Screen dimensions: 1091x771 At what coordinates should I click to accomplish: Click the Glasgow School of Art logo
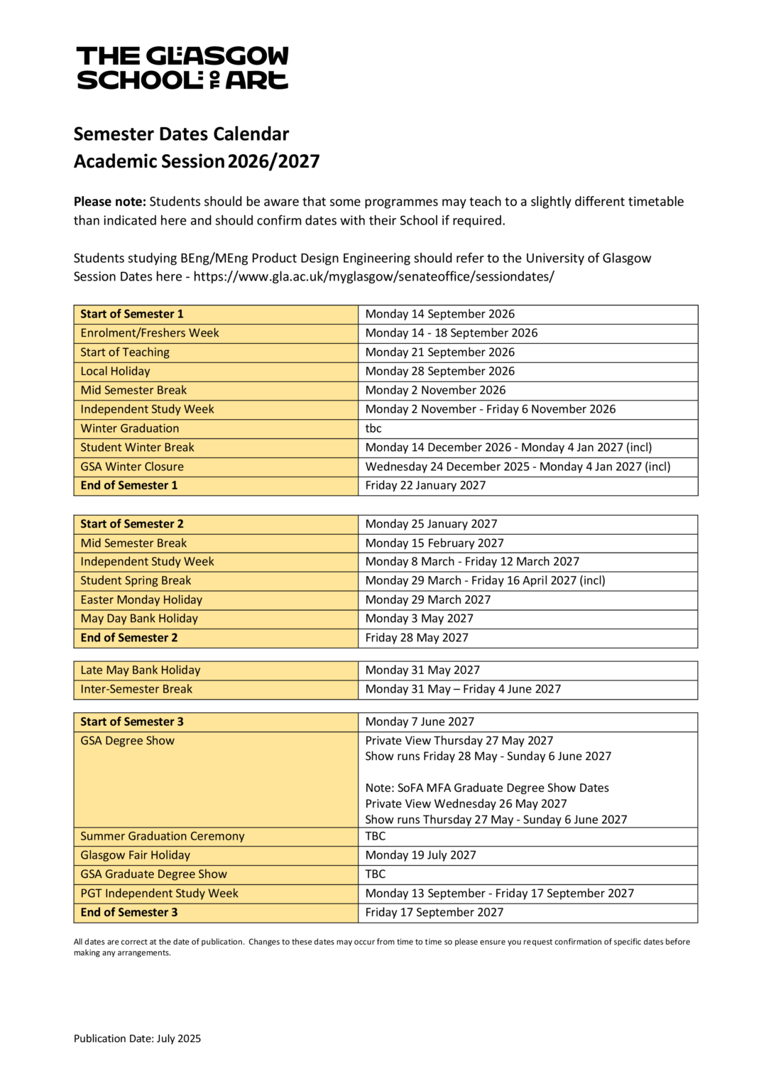click(x=182, y=68)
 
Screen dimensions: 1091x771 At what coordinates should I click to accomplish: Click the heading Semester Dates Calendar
click(x=181, y=134)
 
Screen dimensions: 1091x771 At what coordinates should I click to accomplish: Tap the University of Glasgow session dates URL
click(x=373, y=276)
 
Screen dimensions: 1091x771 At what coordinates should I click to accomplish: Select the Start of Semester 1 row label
click(x=132, y=314)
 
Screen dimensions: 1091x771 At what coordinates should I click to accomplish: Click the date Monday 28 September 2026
click(x=439, y=371)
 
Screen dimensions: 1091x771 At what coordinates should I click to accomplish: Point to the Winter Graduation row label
click(x=130, y=428)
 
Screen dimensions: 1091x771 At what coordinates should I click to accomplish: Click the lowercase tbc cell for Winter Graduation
click(x=373, y=428)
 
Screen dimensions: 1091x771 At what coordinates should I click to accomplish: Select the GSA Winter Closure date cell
click(x=518, y=467)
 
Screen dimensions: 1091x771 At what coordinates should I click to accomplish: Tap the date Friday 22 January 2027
click(x=425, y=485)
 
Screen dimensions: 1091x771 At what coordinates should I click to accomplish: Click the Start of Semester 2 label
click(x=132, y=523)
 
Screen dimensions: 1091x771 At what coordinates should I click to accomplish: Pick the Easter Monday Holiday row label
click(x=141, y=599)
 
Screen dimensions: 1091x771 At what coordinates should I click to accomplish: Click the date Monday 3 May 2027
click(x=419, y=619)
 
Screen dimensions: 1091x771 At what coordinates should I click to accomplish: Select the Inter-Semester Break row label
click(x=136, y=689)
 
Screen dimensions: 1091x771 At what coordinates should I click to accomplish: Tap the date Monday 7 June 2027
click(x=420, y=722)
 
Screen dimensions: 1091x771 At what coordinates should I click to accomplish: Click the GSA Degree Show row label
click(x=128, y=741)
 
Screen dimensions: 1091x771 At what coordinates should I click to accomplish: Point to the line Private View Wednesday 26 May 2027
click(x=466, y=804)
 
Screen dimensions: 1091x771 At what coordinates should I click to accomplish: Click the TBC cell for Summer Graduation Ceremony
click(x=376, y=836)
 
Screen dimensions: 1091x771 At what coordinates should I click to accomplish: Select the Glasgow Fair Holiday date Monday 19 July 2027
click(x=420, y=855)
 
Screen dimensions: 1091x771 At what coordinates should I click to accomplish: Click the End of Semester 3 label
click(x=129, y=912)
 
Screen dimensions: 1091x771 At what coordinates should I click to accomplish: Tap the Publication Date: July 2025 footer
click(x=137, y=1038)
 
